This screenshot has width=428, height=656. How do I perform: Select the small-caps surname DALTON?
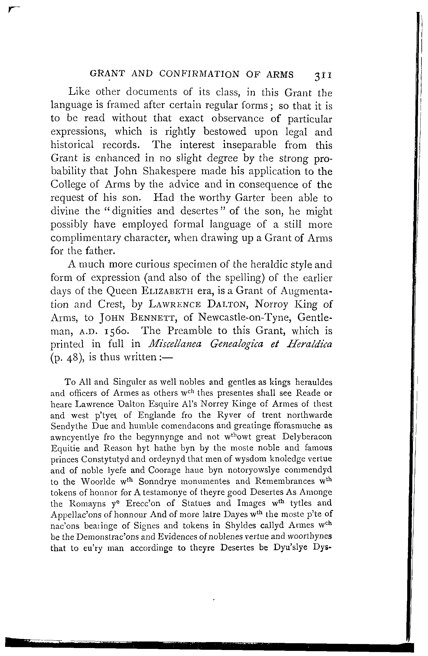click(227, 305)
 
